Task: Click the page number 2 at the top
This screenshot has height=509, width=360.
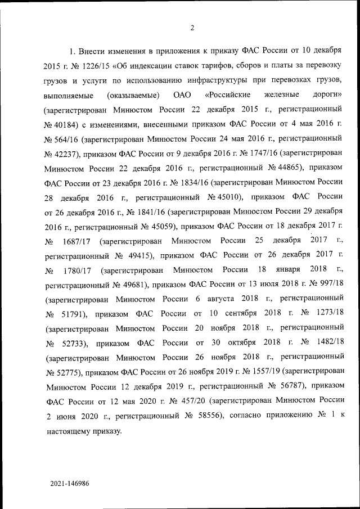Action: point(192,28)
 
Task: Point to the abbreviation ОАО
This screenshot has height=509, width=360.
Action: point(183,93)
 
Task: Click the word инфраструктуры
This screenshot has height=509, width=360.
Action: point(218,79)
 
